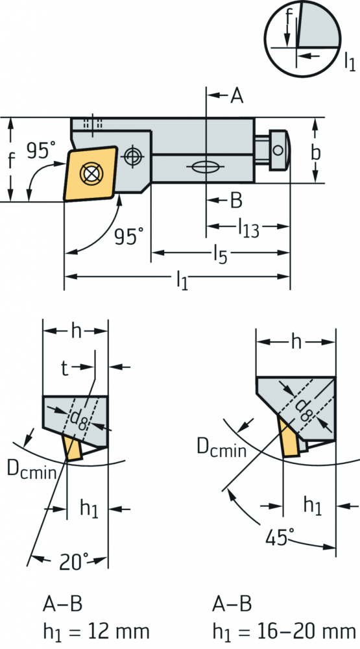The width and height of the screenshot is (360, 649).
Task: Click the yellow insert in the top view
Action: tap(90, 173)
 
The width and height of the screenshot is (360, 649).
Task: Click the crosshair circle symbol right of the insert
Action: tap(132, 156)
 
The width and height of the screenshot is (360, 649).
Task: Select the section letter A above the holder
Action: tap(237, 96)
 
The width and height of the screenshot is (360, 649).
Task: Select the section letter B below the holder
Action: tap(236, 201)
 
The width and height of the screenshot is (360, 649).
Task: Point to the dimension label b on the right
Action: tap(315, 153)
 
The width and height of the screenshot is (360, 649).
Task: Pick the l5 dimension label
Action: tap(221, 254)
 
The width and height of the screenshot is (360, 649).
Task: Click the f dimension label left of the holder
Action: tap(11, 160)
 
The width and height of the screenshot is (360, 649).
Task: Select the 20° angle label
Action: tap(74, 561)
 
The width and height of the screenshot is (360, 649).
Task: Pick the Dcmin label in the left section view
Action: tap(31, 469)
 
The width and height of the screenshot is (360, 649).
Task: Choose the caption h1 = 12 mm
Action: tap(96, 632)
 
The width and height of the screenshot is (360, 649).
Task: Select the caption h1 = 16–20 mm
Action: tap(284, 632)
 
